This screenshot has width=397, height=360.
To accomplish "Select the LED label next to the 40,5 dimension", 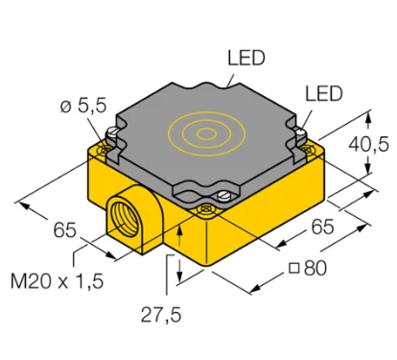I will pyautogui.click(x=324, y=93).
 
